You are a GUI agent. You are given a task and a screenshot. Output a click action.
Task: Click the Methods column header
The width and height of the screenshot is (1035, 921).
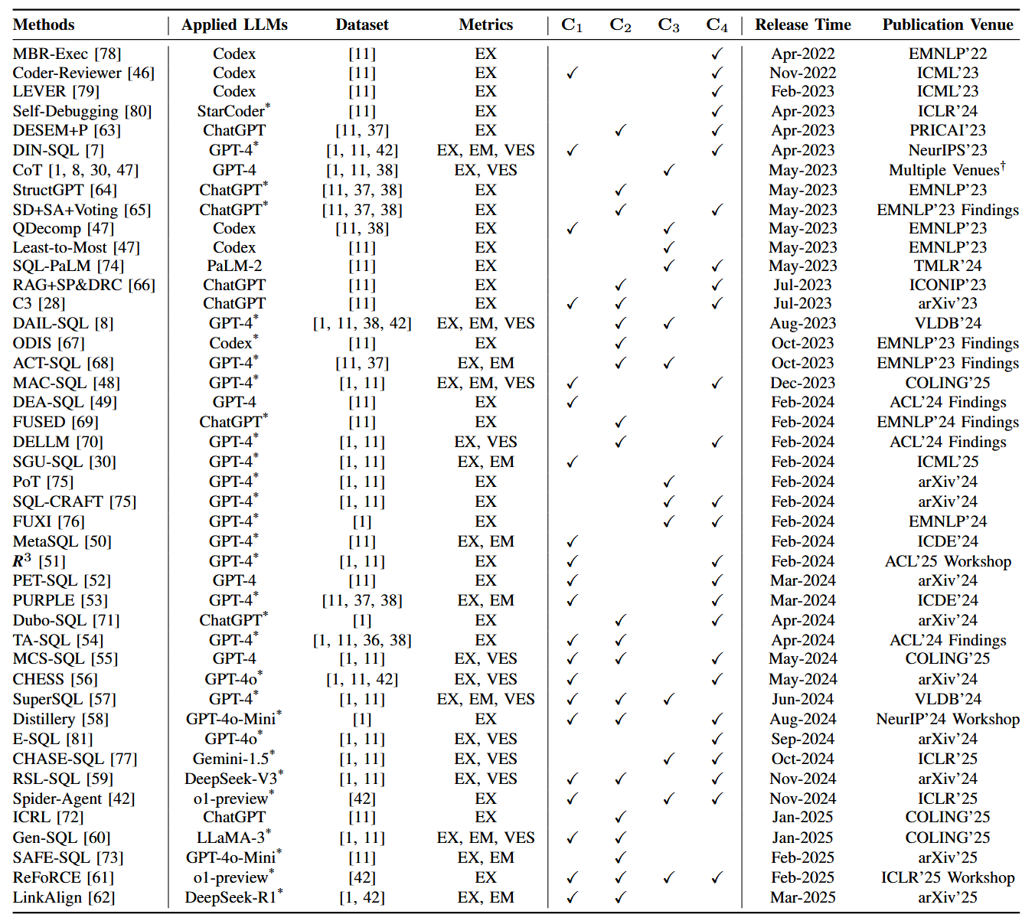point(44,24)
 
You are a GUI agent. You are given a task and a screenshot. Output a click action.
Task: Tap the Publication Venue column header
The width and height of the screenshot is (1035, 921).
point(947,24)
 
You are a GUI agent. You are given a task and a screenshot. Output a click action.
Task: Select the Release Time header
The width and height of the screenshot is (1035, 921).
point(802,24)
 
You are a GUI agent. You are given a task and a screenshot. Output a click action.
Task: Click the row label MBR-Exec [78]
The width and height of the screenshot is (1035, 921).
point(67,54)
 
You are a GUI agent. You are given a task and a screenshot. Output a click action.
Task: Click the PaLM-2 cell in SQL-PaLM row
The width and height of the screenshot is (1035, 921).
point(233,266)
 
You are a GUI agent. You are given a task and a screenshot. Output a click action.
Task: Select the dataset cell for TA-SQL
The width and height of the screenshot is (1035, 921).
point(361,640)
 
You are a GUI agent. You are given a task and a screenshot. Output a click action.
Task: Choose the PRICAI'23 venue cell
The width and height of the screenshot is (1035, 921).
point(947,130)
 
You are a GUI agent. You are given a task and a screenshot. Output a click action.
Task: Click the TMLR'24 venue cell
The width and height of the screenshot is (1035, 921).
point(947,266)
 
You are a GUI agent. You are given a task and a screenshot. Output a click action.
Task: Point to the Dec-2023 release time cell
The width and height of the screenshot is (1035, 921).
point(802,383)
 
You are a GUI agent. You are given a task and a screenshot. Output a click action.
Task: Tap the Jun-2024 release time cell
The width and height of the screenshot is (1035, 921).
point(802,699)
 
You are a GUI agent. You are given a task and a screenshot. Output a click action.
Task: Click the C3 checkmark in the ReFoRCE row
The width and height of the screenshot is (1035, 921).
point(668,878)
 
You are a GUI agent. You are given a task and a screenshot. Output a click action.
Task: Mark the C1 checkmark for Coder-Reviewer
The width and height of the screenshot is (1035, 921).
point(572,73)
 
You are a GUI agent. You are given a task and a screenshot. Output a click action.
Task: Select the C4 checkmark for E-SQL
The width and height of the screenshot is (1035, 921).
point(717,740)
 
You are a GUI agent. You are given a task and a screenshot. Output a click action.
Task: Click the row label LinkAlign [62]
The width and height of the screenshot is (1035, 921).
point(64,897)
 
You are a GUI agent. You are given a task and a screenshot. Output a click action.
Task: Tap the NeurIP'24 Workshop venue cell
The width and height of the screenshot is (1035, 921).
point(947,719)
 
